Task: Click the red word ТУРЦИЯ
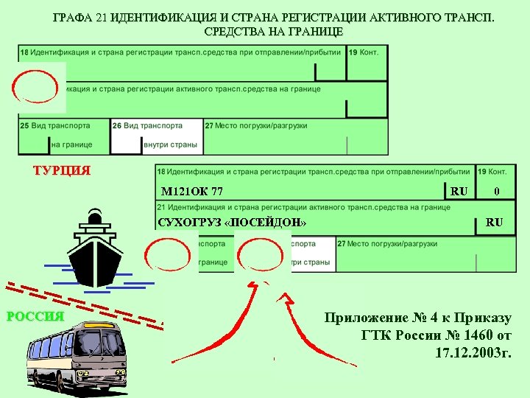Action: [x=62, y=171]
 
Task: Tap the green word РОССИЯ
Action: [x=35, y=318]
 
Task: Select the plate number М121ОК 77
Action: [x=192, y=192]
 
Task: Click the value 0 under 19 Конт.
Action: [x=497, y=192]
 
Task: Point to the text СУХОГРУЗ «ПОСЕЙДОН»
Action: [x=232, y=223]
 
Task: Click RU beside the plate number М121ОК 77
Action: [x=459, y=192]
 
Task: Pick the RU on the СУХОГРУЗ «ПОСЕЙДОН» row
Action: [x=495, y=222]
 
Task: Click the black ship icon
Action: [x=96, y=251]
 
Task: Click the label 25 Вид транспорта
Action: [x=55, y=126]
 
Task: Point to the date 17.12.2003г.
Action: [x=473, y=353]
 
